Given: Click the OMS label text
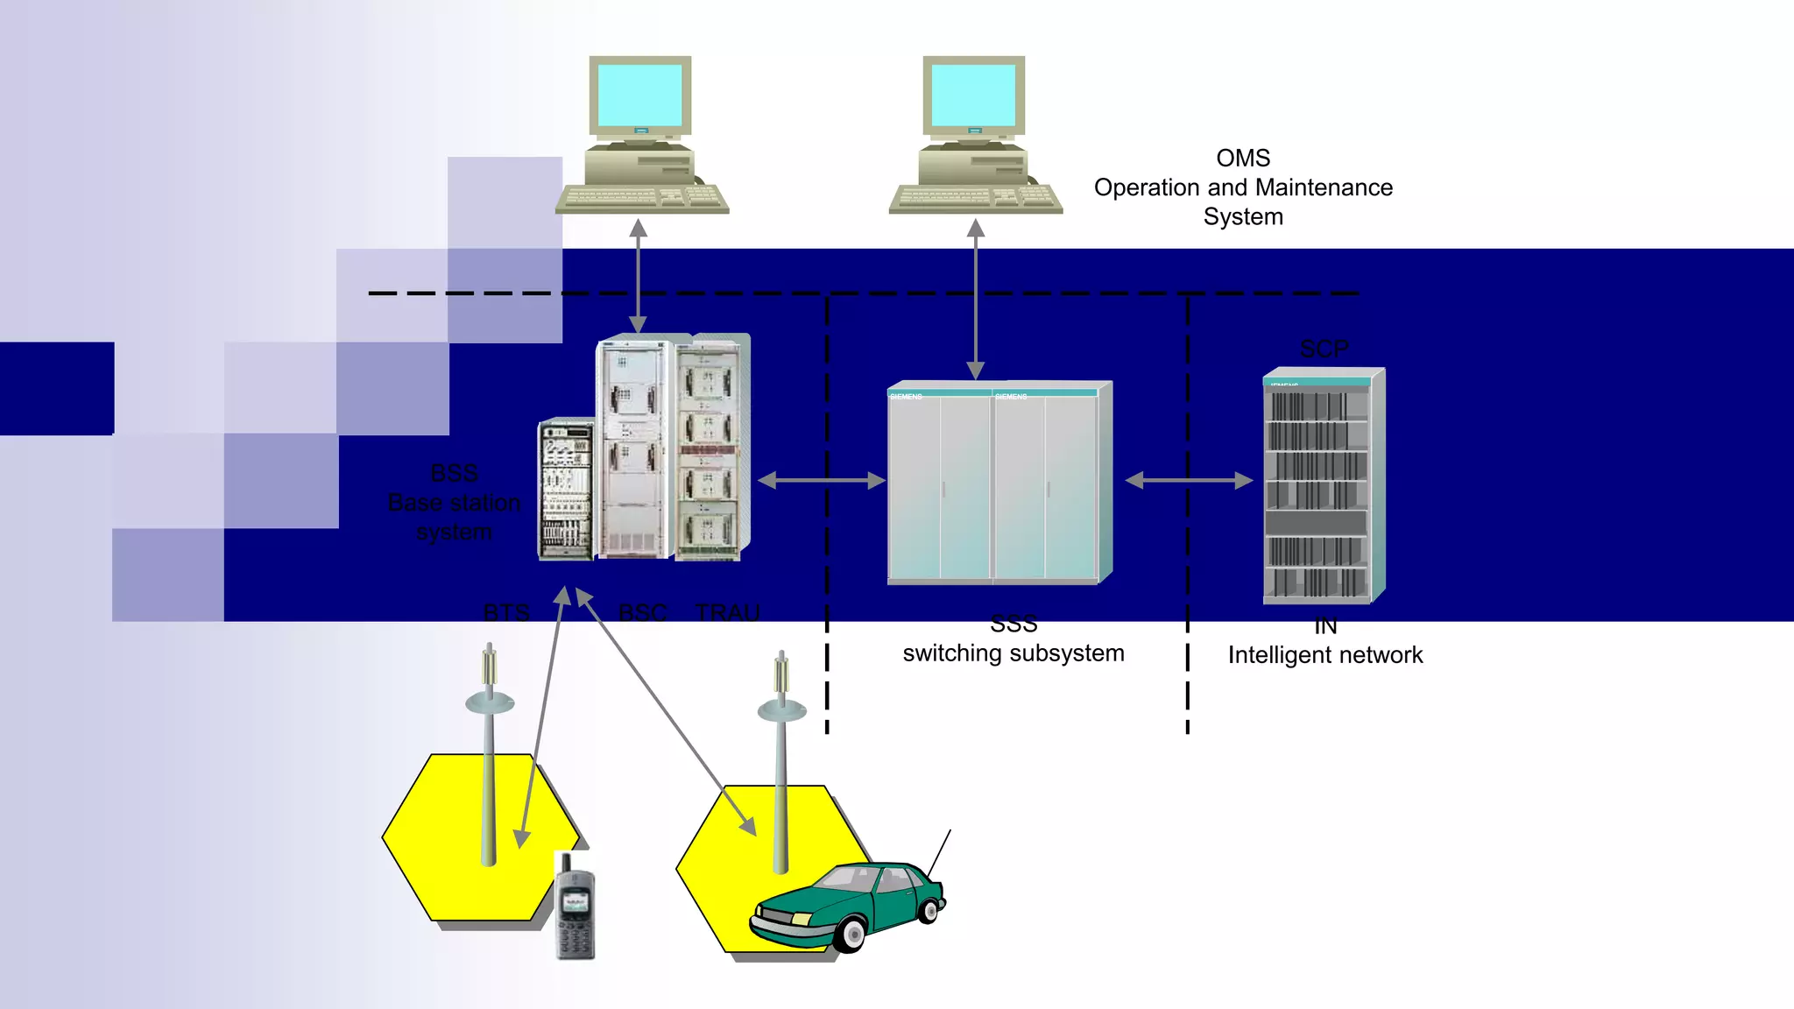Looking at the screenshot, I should [x=1243, y=159].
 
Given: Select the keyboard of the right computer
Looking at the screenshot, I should [x=976, y=199].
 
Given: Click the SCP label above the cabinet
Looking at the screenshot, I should [x=1324, y=349].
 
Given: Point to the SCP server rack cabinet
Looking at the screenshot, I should [x=1321, y=487].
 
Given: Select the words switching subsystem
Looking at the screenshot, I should [x=1014, y=653].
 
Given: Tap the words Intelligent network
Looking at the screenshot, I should [x=1324, y=655].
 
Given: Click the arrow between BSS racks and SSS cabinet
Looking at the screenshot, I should [x=822, y=481].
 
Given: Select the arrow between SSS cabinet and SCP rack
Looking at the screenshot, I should [x=1189, y=481].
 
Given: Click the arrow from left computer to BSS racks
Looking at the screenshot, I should [x=639, y=276].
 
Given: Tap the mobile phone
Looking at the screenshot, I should [x=576, y=907].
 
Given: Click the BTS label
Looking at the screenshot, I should [x=506, y=612].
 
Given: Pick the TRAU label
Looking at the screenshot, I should [x=728, y=612].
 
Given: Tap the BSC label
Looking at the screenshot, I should [x=642, y=612].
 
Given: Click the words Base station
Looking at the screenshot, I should [x=454, y=503].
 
